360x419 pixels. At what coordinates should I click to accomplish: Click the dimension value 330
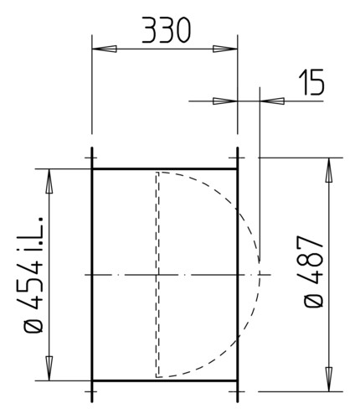pos(167,30)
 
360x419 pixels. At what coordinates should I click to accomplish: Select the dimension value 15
pos(311,82)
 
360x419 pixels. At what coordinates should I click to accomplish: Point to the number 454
pos(30,286)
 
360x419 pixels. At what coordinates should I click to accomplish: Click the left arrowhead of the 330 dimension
pos(105,49)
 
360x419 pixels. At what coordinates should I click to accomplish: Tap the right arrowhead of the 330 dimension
pos(225,49)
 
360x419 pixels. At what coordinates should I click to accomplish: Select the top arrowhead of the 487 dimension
pos(329,170)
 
